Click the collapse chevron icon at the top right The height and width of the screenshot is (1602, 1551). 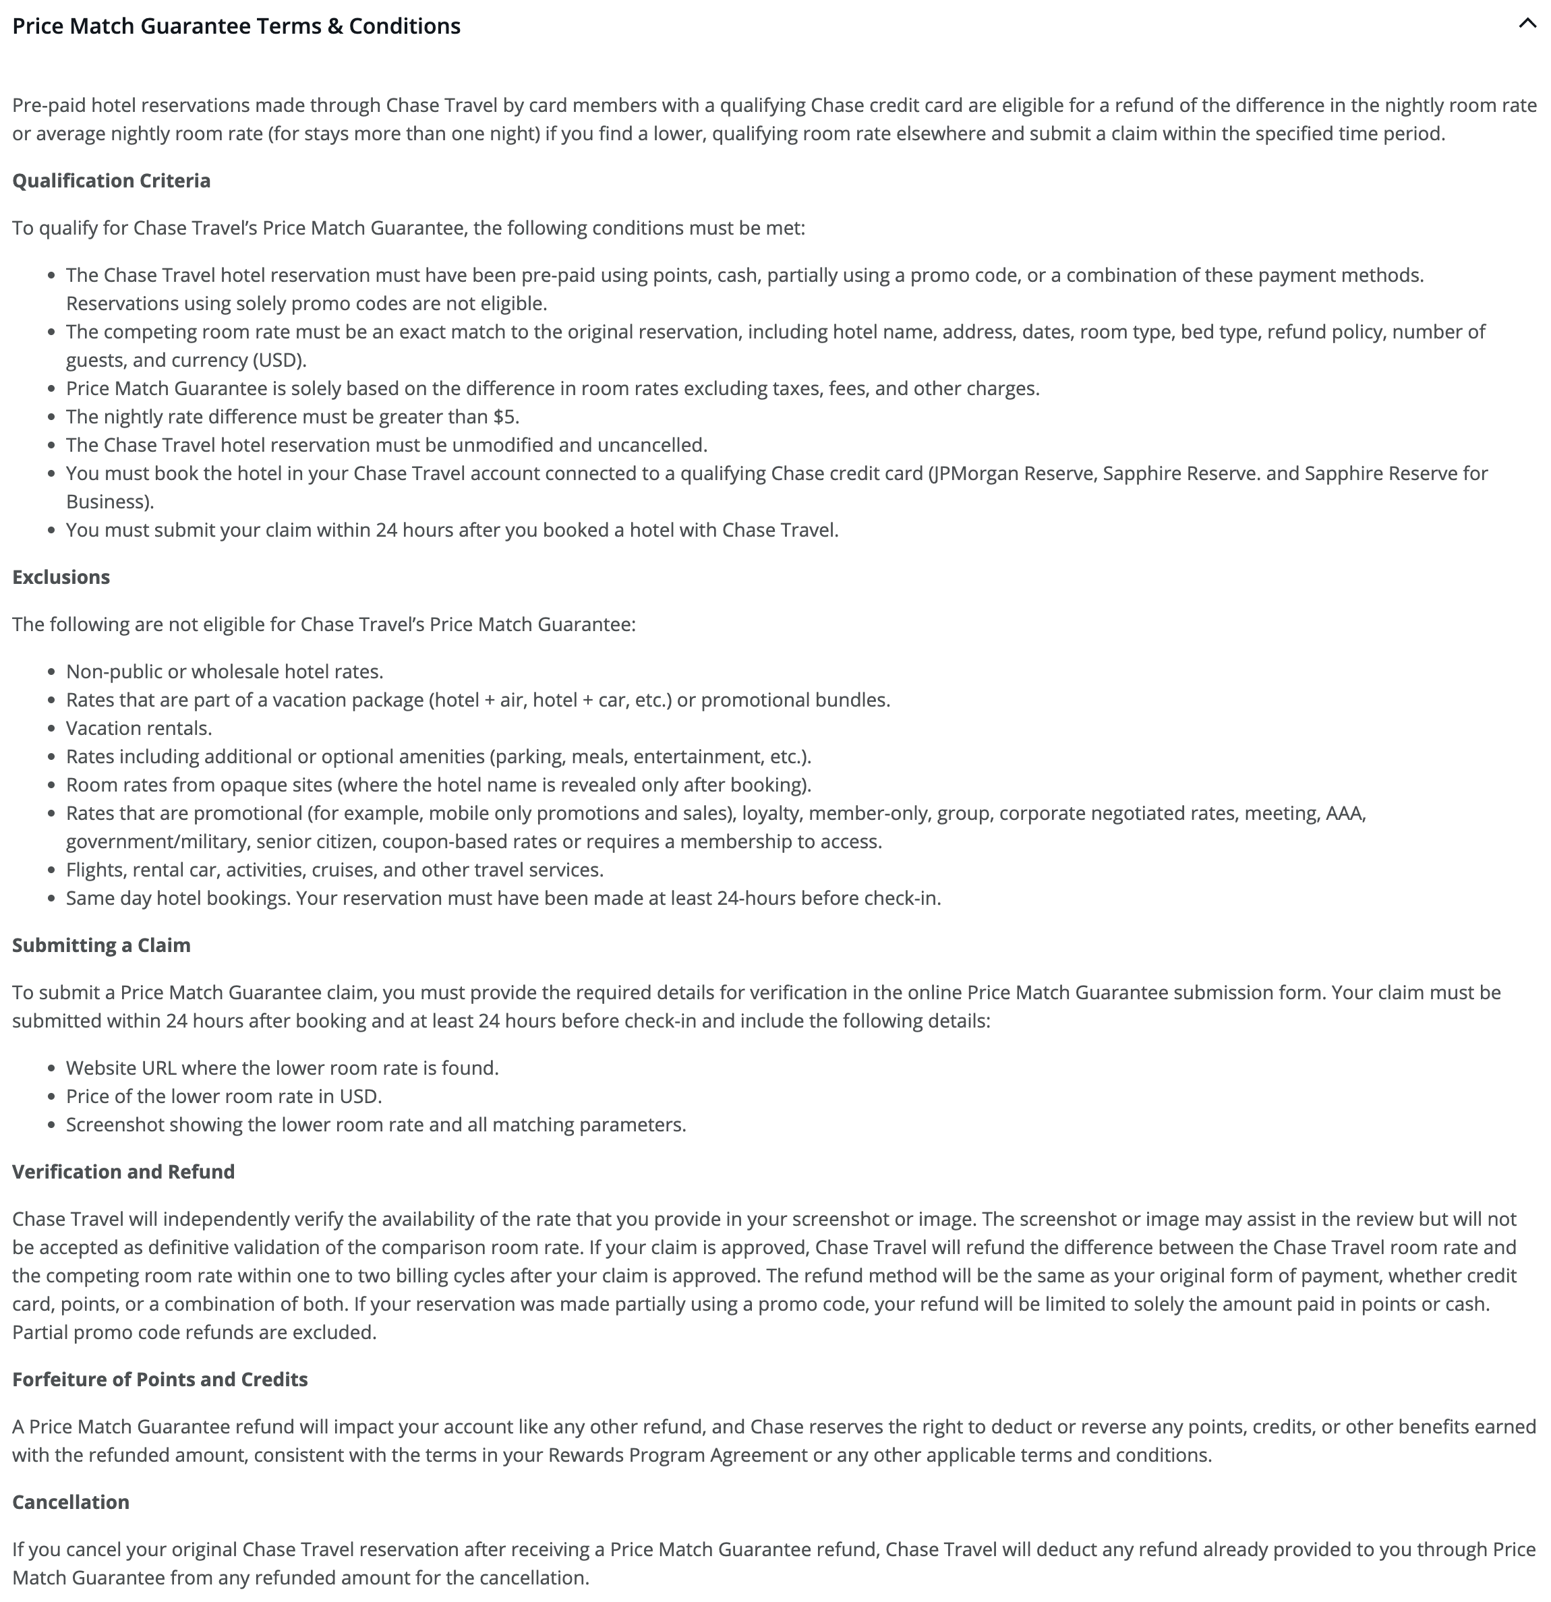1527,24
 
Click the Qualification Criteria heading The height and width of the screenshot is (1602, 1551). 111,181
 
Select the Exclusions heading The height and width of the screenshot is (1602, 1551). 61,577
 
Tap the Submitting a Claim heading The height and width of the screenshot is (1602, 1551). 101,946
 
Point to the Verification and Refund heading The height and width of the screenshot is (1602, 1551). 123,1172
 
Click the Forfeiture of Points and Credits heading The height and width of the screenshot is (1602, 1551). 159,1379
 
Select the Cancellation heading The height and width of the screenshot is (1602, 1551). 70,1502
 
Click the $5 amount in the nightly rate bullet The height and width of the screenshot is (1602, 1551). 504,417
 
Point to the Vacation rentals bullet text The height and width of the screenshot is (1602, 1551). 138,728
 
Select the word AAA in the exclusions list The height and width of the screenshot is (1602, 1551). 1344,813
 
